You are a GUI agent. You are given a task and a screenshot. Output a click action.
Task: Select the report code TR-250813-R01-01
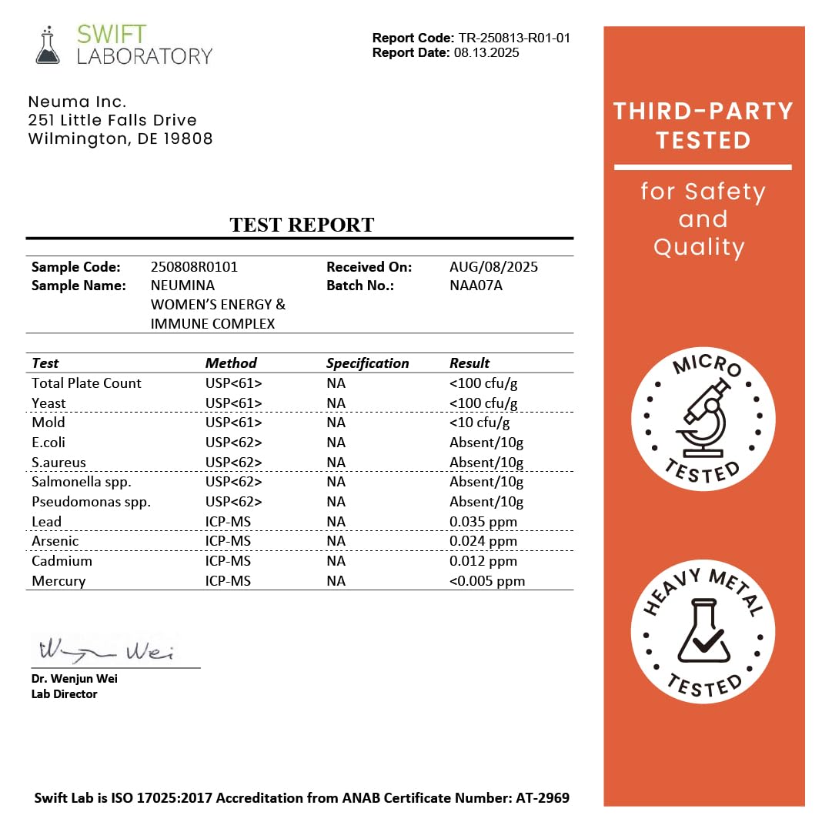click(514, 38)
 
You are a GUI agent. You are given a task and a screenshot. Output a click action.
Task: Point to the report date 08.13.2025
click(486, 52)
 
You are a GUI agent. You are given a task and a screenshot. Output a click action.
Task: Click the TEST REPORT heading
click(302, 225)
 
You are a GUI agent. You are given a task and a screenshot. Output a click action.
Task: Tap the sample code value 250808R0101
click(194, 267)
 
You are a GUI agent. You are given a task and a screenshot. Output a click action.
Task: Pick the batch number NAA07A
click(476, 286)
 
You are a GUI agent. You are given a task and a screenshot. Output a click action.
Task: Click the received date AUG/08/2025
click(493, 267)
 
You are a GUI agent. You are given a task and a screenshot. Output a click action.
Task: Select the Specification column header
click(367, 363)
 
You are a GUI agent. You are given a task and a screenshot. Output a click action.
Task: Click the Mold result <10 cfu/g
click(479, 423)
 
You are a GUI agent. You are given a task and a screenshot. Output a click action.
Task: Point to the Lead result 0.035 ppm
click(483, 522)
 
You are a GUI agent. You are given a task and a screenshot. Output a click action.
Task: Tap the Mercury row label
click(58, 581)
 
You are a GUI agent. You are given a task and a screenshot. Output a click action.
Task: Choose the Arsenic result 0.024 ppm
click(483, 541)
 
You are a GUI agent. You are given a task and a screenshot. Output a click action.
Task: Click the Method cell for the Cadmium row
click(228, 561)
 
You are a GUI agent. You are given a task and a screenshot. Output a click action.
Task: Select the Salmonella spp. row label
click(82, 482)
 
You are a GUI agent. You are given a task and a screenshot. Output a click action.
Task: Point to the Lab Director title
click(65, 693)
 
